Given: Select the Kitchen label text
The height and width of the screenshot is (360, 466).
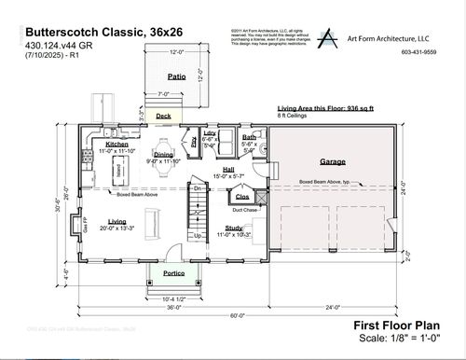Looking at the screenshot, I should [116, 145].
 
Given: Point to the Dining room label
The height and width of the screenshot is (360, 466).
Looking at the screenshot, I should [163, 155].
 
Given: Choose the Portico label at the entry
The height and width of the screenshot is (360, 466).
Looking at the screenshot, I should [172, 273].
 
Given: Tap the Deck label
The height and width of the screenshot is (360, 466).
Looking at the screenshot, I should [164, 117].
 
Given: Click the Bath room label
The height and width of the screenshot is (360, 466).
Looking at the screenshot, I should [250, 137].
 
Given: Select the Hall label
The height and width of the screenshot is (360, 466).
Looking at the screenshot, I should [227, 169].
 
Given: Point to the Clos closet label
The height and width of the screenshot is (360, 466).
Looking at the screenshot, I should [241, 197].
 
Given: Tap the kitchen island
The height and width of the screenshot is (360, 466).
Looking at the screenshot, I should [119, 171].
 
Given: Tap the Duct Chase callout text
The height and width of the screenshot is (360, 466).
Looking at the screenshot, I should [245, 211].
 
